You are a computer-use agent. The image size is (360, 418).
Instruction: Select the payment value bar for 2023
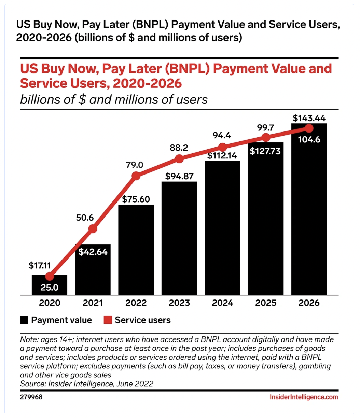pyautogui.click(x=179, y=239)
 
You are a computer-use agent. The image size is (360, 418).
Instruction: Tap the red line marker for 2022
pyautogui.click(x=136, y=176)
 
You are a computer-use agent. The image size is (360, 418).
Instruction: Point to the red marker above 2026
pyautogui.click(x=309, y=128)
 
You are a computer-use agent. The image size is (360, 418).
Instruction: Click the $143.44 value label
pyautogui.click(x=309, y=118)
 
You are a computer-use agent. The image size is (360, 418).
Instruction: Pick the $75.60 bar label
pyautogui.click(x=136, y=199)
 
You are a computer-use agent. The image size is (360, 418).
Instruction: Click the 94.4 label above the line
pyautogui.click(x=222, y=135)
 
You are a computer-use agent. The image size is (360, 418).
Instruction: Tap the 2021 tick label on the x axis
pyautogui.click(x=93, y=303)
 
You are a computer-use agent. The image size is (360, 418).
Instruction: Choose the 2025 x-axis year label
pyautogui.click(x=266, y=303)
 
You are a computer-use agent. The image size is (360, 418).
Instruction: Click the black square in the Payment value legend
pyautogui.click(x=24, y=320)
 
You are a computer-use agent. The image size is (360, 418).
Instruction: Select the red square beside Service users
pyautogui.click(x=108, y=320)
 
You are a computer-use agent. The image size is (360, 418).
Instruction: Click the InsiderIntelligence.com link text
pyautogui.click(x=304, y=397)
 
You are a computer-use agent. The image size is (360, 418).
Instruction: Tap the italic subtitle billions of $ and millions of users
pyautogui.click(x=114, y=99)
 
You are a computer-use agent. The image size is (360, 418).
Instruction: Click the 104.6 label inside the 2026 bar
pyautogui.click(x=309, y=139)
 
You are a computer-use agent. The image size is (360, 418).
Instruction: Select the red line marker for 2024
pyautogui.click(x=222, y=148)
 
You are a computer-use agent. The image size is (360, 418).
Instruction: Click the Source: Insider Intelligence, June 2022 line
pyautogui.click(x=87, y=384)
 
